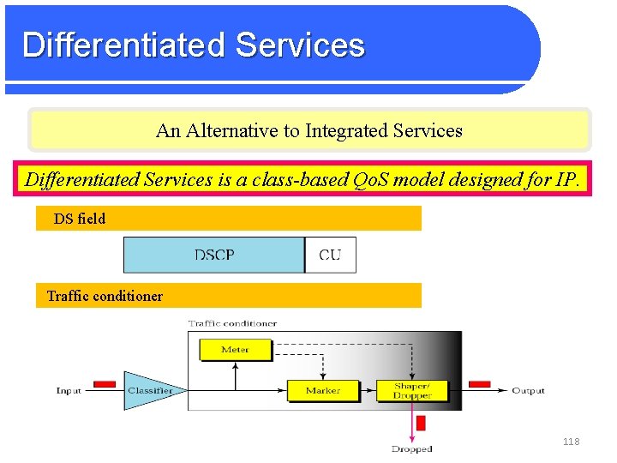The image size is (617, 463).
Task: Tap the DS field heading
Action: pyautogui.click(x=80, y=219)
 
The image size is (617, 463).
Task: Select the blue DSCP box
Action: pyautogui.click(x=214, y=255)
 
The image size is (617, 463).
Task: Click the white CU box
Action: pyautogui.click(x=330, y=255)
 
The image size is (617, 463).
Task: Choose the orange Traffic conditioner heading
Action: pyautogui.click(x=105, y=296)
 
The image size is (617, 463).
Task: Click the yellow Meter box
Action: pyautogui.click(x=235, y=350)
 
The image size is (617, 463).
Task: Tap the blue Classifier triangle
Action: pyautogui.click(x=148, y=390)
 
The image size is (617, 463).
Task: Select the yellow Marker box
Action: pyautogui.click(x=322, y=390)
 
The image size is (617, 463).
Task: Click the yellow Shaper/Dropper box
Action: pyautogui.click(x=411, y=390)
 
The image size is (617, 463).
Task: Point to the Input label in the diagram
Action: pyautogui.click(x=69, y=391)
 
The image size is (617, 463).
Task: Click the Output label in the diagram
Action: pyautogui.click(x=528, y=391)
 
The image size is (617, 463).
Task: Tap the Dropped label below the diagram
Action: pyautogui.click(x=411, y=448)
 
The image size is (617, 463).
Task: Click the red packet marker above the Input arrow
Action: pyautogui.click(x=105, y=383)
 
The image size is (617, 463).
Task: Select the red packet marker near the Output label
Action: pyautogui.click(x=479, y=383)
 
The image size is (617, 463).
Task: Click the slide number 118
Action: pyautogui.click(x=571, y=442)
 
